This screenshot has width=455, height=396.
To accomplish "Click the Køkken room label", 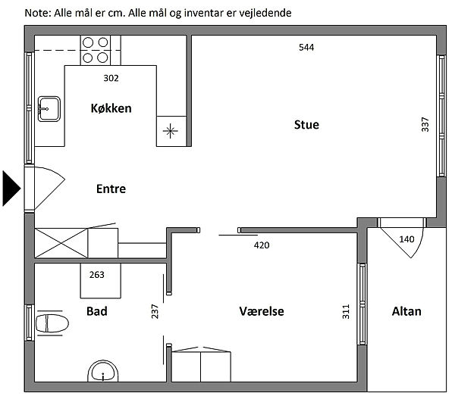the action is point(111,108).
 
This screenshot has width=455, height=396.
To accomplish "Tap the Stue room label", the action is point(306,125).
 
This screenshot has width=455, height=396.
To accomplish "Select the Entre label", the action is point(111,189).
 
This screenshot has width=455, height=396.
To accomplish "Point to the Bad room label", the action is point(97,311).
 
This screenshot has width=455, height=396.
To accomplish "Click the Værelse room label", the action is point(262,311).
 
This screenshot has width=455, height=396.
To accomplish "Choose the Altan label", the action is point(406,311).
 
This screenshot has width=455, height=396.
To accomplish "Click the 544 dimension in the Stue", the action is point(306,47).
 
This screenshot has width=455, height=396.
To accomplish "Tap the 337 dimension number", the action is point(425,125).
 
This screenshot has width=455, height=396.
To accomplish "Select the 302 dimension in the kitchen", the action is point(111,78).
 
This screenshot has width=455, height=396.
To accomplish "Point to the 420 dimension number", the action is point(262,245).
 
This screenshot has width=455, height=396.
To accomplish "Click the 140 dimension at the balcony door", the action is point(406,239).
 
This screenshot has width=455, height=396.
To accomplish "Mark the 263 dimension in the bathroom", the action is point(96,275).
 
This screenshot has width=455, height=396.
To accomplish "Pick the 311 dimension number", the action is point(346,312).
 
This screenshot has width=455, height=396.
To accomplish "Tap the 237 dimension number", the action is point(155,312).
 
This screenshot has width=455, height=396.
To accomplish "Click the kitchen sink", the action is point(49,109).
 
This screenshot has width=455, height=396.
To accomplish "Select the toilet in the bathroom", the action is point(52,323).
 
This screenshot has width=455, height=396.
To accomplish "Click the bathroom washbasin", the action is point(103,372).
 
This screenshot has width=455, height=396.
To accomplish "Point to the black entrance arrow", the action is point(11,189).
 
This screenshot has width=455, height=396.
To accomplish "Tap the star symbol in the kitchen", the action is point(171,131).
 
